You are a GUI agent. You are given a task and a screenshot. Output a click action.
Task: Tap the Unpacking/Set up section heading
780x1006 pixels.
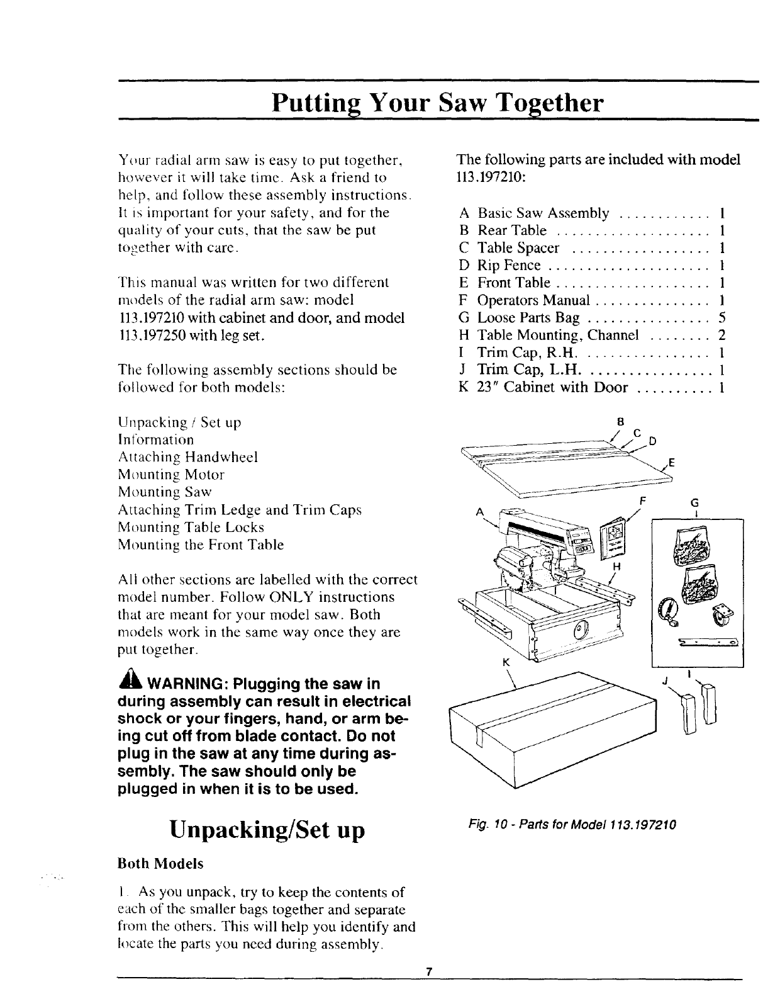tap(267, 830)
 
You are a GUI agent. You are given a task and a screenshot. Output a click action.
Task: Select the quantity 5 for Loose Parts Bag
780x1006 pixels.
tap(723, 318)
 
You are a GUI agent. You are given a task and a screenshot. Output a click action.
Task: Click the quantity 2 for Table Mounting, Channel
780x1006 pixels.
tap(723, 335)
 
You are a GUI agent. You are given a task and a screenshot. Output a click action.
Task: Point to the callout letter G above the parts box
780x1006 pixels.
tap(695, 504)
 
